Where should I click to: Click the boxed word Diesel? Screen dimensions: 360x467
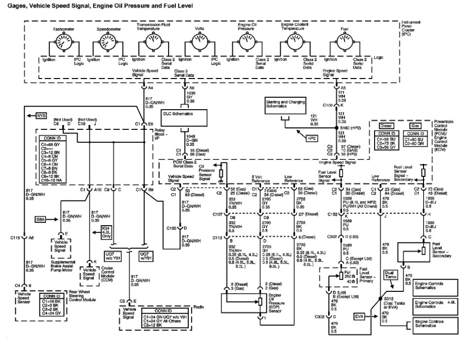tap(386, 126)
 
